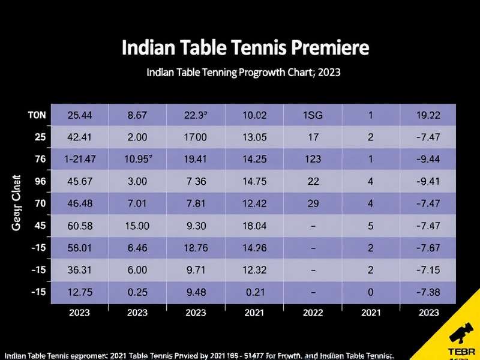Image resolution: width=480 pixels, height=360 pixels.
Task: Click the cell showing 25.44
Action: click(80, 115)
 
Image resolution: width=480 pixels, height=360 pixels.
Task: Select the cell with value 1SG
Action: click(312, 115)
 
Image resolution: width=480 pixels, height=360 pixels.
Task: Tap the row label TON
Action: click(37, 115)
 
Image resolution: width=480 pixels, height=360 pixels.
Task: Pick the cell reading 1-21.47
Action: click(80, 159)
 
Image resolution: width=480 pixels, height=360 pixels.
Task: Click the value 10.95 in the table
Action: click(137, 159)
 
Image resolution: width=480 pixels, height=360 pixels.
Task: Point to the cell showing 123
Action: click(312, 159)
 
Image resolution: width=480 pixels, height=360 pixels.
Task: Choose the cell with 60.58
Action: click(80, 226)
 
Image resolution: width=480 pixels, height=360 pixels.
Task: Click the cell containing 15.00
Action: click(137, 226)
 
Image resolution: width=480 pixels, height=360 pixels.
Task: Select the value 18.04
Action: click(254, 226)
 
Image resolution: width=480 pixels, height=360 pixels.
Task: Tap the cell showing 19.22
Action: click(428, 115)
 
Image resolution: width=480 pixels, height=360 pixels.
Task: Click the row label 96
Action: click(40, 181)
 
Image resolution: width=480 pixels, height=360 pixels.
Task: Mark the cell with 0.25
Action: click(137, 292)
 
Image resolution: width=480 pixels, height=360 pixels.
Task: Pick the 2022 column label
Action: click(312, 312)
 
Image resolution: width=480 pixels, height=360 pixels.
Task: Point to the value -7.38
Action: click(428, 292)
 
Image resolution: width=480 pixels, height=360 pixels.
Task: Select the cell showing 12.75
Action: click(80, 292)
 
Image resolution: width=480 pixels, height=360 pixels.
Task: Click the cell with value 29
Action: click(312, 203)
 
